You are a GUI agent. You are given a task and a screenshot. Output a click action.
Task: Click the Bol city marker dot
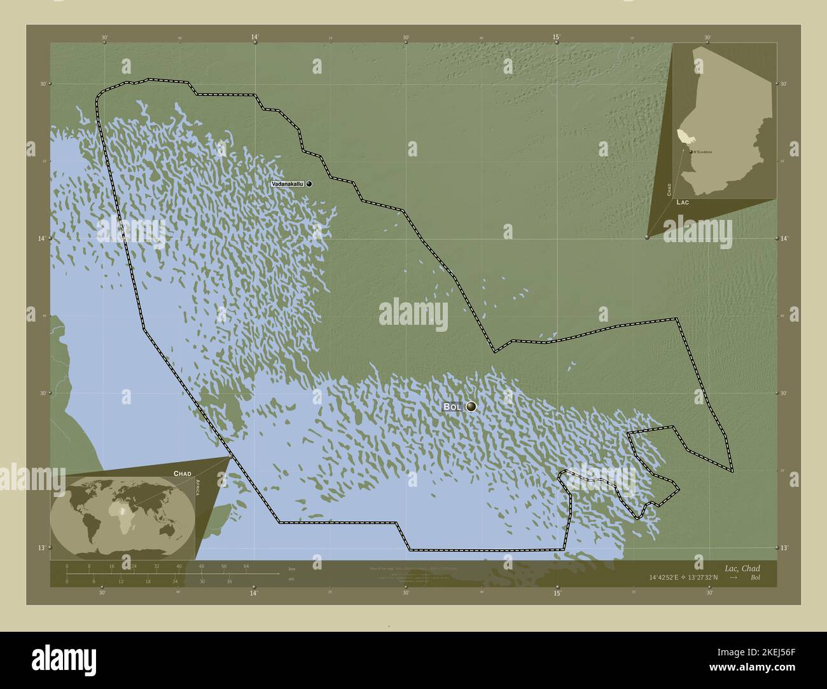point(471,407)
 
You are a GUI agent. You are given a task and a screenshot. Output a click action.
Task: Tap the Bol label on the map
point(452,407)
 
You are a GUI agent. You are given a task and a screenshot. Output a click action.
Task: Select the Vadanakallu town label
point(288,184)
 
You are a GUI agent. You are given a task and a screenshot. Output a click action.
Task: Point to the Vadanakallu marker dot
point(309,184)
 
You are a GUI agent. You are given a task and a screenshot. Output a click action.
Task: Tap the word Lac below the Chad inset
point(683,201)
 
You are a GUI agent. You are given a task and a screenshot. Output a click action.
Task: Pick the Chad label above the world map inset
point(182,474)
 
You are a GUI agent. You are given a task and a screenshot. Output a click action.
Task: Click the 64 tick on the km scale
point(246,566)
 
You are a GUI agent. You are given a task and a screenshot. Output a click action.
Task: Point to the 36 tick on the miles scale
point(230,581)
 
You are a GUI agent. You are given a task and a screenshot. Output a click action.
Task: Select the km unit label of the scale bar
point(291,568)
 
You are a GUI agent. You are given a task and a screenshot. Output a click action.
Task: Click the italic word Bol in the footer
point(754,578)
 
